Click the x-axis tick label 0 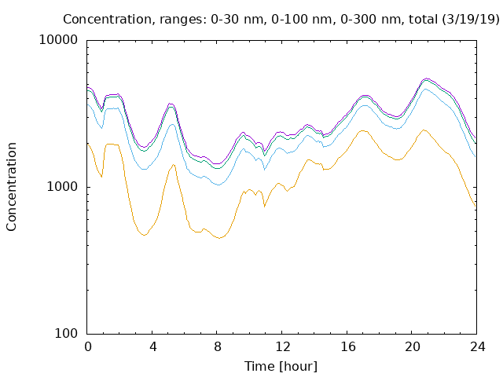[x=87, y=347]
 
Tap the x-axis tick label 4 [x=152, y=347]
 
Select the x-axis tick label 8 [x=218, y=347]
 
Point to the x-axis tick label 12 [x=283, y=347]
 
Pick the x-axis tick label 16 [x=347, y=347]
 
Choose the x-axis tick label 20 [x=413, y=347]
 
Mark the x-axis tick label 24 [x=478, y=347]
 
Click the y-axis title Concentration [x=11, y=187]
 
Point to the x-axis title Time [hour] [x=281, y=367]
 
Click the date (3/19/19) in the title [x=471, y=19]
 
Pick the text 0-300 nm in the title [x=370, y=19]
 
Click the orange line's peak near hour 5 [x=173, y=165]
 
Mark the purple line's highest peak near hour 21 [x=426, y=79]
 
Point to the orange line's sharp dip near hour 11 [x=264, y=207]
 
